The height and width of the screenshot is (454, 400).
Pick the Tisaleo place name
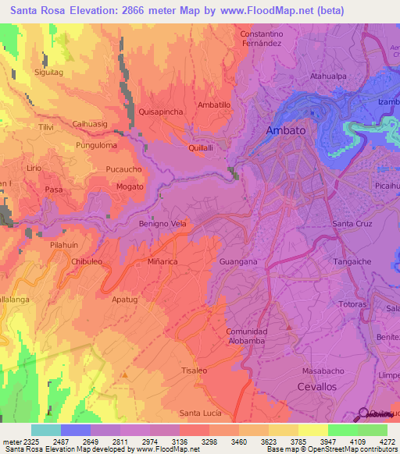[194, 370]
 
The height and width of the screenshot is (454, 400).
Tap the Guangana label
[239, 262]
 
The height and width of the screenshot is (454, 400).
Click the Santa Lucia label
[201, 412]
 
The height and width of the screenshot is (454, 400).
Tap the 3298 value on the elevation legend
[210, 442]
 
